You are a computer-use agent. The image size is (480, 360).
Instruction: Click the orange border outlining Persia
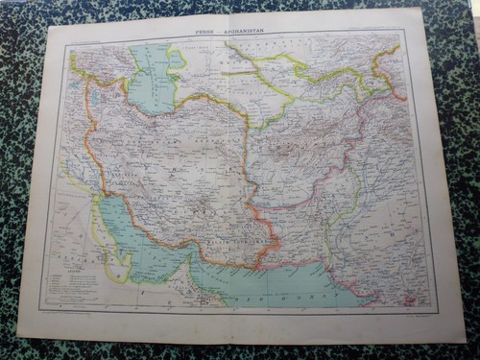point(88,144)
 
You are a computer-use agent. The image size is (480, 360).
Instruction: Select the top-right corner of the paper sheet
point(422,9)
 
